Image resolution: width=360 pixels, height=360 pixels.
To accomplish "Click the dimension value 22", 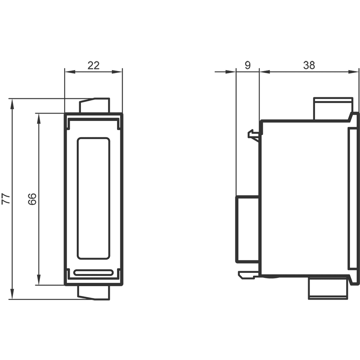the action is (94, 66).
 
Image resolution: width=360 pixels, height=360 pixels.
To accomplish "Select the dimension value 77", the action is (6, 199).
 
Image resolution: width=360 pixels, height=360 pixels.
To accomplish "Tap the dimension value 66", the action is (32, 199).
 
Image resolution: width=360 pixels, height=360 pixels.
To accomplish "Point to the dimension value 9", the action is (248, 66).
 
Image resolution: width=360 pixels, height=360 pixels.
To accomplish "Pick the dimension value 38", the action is (309, 66).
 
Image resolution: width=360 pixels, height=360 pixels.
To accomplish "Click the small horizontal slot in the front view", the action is (93, 273).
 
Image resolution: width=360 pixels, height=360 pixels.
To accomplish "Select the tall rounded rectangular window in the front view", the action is (93, 199).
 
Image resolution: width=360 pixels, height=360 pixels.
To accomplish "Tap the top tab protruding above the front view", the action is (94, 105).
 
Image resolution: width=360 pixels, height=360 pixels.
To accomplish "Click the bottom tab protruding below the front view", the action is (94, 292).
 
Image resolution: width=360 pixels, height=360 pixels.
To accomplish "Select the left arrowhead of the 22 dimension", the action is (70, 72).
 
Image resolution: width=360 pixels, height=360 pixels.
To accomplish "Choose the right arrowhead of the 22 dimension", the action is (117, 72).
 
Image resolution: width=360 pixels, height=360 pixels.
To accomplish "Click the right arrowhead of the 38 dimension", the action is (353, 72).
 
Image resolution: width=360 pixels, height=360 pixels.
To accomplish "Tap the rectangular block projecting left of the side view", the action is (248, 229).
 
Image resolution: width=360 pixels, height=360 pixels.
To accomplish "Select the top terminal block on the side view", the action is (333, 109).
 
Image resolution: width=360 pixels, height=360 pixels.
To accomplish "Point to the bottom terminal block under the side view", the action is (328, 288).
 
